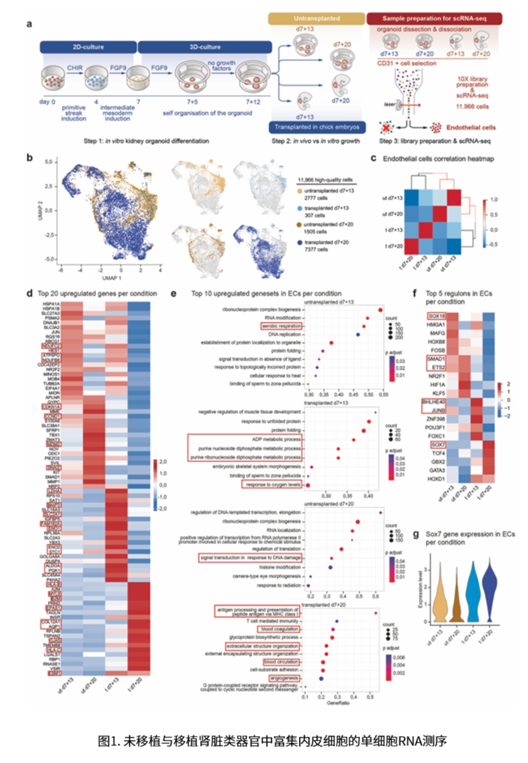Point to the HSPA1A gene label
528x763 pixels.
[x=50, y=304]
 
